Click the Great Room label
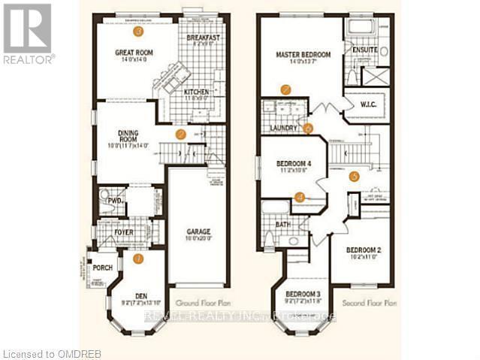click(x=134, y=53)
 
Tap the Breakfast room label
click(x=203, y=37)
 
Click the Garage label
click(x=198, y=231)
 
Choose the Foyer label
click(x=124, y=233)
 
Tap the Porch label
click(x=102, y=268)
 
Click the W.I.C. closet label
click(x=369, y=104)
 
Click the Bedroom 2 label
click(x=364, y=250)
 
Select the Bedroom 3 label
click(x=303, y=293)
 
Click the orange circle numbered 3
click(x=137, y=32)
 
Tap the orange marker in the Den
click(x=137, y=259)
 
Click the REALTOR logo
click(x=28, y=32)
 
